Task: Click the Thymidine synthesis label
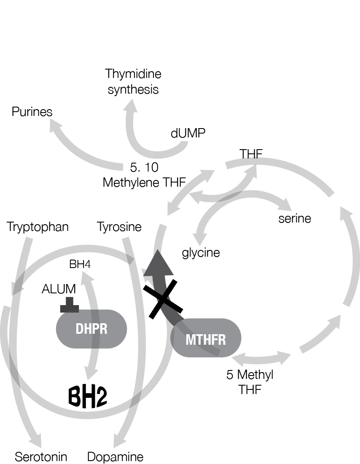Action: coord(133,82)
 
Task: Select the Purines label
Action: coord(32,112)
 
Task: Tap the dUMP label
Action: coord(188,134)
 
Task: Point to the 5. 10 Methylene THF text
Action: coord(145,175)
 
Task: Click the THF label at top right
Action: coord(251,154)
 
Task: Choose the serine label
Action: coord(295,219)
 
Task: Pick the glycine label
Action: coord(201,252)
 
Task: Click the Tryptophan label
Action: coord(38,227)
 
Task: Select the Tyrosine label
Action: coord(119,227)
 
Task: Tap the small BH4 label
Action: coord(80,264)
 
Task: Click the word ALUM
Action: coord(59,289)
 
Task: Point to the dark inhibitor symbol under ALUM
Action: coord(70,305)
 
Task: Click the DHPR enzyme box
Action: coord(91,329)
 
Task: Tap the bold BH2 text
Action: coord(88,396)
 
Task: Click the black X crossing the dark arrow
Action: coord(162,300)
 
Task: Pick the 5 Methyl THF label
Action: coord(250,382)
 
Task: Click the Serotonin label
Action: coord(41,457)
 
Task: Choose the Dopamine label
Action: coord(115,457)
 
